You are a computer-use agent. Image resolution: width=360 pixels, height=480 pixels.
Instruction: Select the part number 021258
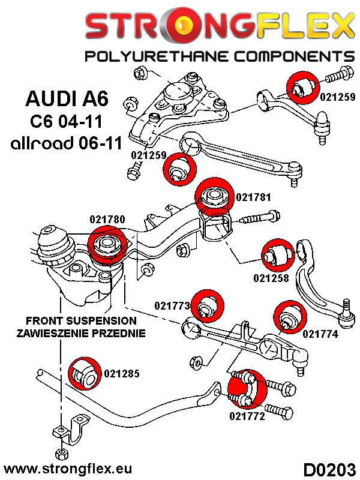point(271,278)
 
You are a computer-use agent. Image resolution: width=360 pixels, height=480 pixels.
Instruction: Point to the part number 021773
point(173,306)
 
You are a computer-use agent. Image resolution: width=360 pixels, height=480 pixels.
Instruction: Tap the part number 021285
point(121,373)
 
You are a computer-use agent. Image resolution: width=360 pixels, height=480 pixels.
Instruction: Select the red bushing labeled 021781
point(214,196)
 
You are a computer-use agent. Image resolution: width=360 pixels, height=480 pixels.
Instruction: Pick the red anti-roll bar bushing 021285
point(82,373)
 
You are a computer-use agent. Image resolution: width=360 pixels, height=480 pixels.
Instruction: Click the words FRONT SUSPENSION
point(82,321)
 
